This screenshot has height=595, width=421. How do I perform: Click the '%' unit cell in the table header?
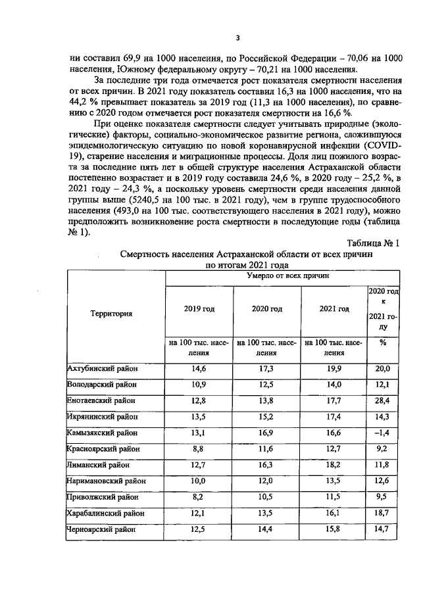[383, 342]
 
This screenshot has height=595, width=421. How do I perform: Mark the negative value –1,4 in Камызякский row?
[382, 433]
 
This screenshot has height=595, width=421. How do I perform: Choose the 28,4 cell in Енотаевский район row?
[383, 400]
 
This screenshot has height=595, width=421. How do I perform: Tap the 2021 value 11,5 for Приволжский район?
[334, 497]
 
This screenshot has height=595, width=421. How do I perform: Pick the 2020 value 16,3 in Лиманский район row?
[266, 465]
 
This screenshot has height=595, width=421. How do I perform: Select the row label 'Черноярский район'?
[101, 529]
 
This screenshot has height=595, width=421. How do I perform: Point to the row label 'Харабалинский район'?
[105, 513]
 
